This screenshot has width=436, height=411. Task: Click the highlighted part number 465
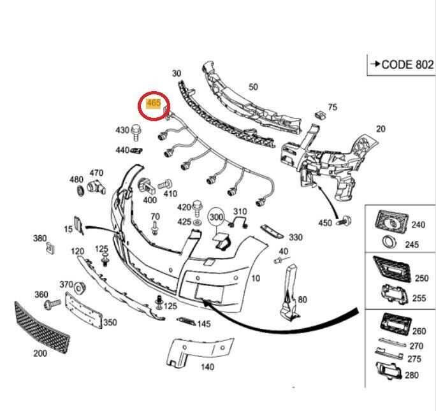pyautogui.click(x=154, y=102)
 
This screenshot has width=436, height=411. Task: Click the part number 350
pyautogui.click(x=110, y=322)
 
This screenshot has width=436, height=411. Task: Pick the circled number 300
pyautogui.click(x=216, y=218)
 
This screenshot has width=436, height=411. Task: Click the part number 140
pyautogui.click(x=207, y=367)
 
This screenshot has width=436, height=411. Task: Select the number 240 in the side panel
pyautogui.click(x=418, y=224)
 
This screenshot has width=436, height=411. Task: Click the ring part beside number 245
pyautogui.click(x=388, y=243)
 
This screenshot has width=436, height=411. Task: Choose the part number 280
pyautogui.click(x=412, y=375)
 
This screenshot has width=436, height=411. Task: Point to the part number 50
pyautogui.click(x=253, y=87)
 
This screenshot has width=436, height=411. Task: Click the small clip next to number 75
pyautogui.click(x=321, y=115)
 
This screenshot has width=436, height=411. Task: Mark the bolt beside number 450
pyautogui.click(x=345, y=220)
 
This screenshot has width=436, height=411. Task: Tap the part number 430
pyautogui.click(x=122, y=130)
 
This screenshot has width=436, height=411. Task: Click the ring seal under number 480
pyautogui.click(x=78, y=191)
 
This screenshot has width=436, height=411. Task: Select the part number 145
pyautogui.click(x=203, y=324)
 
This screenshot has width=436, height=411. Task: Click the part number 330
pyautogui.click(x=296, y=237)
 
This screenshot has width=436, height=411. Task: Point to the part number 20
pyautogui.click(x=381, y=129)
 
